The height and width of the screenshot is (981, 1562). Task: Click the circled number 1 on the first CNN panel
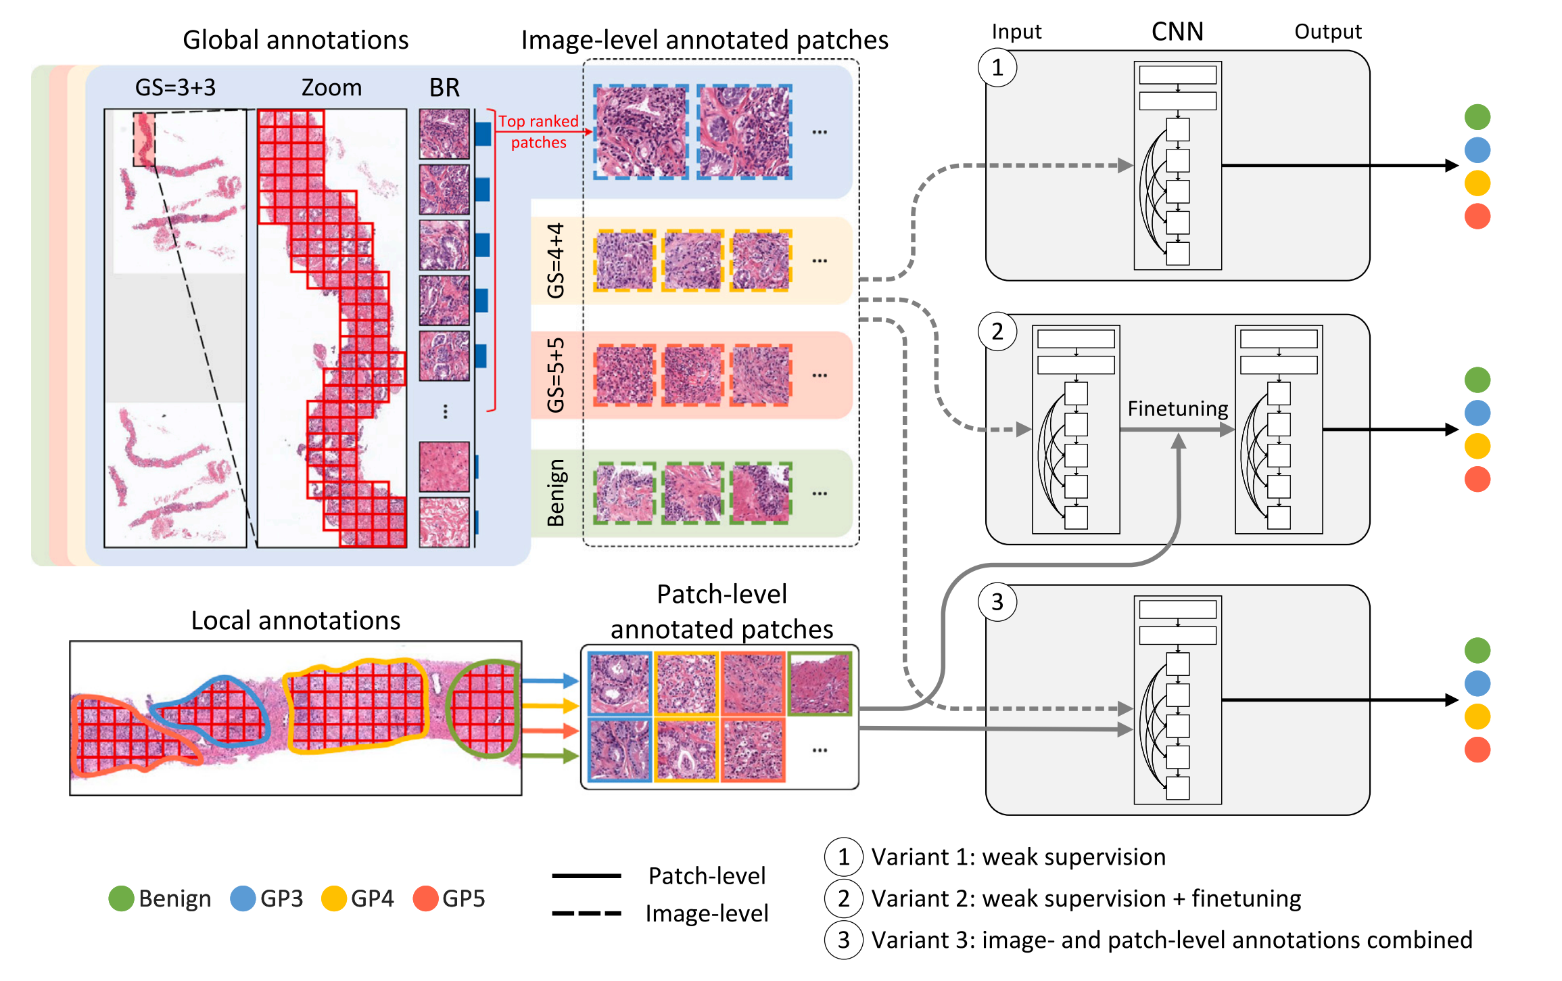tap(997, 68)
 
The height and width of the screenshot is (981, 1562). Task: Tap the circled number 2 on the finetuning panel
tap(997, 332)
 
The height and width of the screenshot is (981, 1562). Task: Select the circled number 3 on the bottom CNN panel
tap(997, 601)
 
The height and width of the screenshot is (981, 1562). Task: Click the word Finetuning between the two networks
tap(1177, 409)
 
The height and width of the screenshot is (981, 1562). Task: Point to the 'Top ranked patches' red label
tap(538, 131)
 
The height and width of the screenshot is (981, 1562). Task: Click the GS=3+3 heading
tap(175, 87)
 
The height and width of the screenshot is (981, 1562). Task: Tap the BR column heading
tap(444, 87)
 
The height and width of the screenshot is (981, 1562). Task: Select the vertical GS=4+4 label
tap(556, 260)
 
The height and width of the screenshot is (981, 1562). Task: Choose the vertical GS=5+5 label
tap(556, 375)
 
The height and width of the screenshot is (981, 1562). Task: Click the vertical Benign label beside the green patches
tap(556, 493)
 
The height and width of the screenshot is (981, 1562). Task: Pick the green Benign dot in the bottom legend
tap(121, 898)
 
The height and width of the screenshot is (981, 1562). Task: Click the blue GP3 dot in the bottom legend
tap(243, 898)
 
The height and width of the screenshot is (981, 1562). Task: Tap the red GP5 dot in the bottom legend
tap(425, 898)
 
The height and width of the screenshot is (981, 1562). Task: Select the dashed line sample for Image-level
tap(586, 913)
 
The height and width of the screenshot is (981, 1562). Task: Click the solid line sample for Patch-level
tap(586, 876)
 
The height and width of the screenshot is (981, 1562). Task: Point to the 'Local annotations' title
tap(295, 620)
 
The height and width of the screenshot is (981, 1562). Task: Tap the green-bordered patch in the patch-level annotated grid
tap(820, 682)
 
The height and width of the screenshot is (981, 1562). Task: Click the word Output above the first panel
tap(1327, 32)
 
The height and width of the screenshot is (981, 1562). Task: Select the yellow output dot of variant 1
tap(1477, 183)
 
